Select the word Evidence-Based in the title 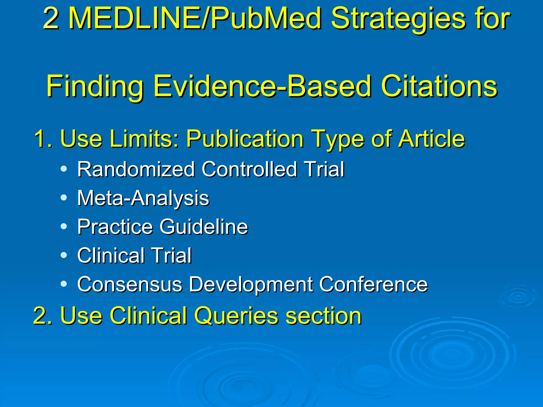tap(262, 86)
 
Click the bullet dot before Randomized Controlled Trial tap(64, 169)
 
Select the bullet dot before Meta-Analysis tap(64, 198)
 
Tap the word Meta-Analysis tap(143, 198)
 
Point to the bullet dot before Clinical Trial tap(64, 255)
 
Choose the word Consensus tap(130, 284)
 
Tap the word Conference tap(373, 284)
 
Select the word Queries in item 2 tap(236, 316)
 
